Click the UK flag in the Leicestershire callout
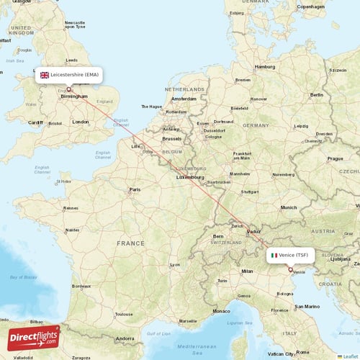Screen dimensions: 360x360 point(45,74)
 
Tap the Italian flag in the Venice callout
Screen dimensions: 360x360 point(274,255)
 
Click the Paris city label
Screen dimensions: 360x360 point(134,190)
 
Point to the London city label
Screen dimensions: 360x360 point(81,122)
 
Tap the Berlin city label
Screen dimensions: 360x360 point(316,94)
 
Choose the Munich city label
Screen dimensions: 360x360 point(288,207)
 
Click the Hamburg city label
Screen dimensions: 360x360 point(264,66)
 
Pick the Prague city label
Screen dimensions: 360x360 point(336,158)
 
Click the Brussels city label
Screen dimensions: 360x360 point(172,138)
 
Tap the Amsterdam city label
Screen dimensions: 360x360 point(184,98)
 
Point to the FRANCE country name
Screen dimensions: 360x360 point(132,243)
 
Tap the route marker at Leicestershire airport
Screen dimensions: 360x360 point(69,89)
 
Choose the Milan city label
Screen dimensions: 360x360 point(248,271)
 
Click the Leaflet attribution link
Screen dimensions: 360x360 point(348,356)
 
